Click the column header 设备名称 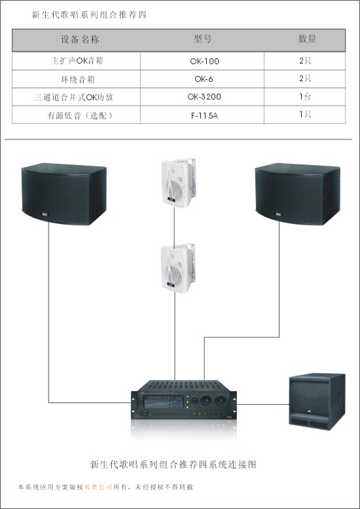80,39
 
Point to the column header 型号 202,39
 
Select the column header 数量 307,38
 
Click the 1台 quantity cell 305,96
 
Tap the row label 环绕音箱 78,79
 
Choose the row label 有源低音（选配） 80,115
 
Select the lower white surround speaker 178,268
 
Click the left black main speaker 64,194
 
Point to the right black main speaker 298,194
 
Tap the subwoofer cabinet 317,401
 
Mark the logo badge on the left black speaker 45,214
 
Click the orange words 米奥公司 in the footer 98,487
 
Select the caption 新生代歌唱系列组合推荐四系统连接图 173,464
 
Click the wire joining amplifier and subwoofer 262,404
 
